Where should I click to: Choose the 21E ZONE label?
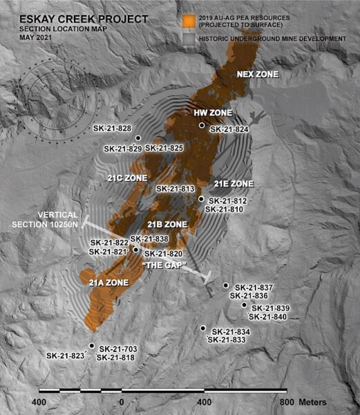234,184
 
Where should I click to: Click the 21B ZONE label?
168,225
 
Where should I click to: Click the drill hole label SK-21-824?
228,129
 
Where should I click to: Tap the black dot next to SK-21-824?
202,125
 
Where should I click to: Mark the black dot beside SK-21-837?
226,285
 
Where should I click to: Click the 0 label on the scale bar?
122,402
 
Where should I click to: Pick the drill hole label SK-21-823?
66,356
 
